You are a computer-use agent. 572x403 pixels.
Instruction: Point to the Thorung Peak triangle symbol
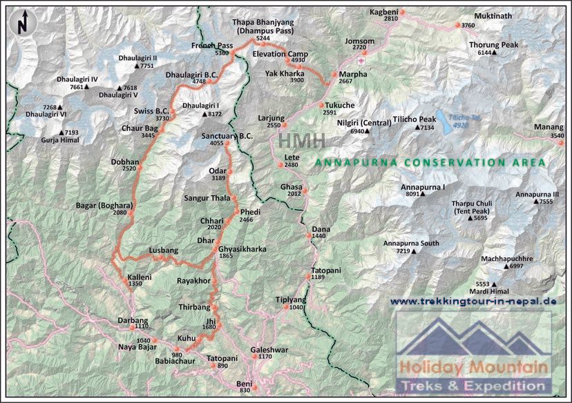click(x=495, y=53)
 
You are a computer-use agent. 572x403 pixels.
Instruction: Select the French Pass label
click(x=211, y=46)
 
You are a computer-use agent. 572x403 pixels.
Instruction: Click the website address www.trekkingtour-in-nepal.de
click(x=473, y=302)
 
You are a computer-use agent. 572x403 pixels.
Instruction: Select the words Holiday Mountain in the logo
click(x=475, y=367)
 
